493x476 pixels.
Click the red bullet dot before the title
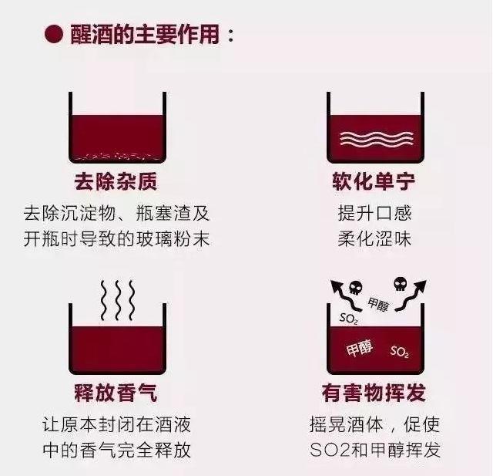(53, 35)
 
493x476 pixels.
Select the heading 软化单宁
(374, 182)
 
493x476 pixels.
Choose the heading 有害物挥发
(374, 393)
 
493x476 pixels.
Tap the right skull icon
(400, 283)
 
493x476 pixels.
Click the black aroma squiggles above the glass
(116, 300)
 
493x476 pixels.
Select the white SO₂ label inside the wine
(399, 352)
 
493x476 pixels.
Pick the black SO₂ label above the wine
(348, 317)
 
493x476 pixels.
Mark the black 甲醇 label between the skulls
(378, 304)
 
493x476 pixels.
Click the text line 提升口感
(374, 211)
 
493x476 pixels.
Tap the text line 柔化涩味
(374, 238)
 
